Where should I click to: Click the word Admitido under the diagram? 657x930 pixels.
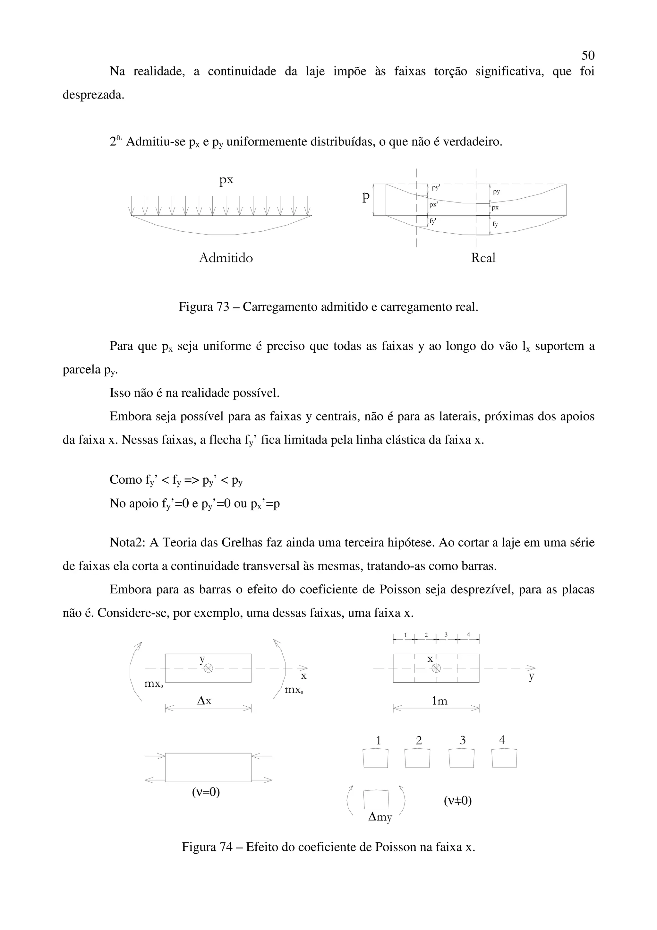click(x=226, y=258)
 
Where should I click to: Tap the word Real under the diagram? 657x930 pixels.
click(x=482, y=258)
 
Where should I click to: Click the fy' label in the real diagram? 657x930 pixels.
click(x=433, y=221)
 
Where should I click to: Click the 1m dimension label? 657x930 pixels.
click(x=439, y=701)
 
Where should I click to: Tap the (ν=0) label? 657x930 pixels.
click(x=206, y=792)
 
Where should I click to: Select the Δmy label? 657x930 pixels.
click(x=380, y=817)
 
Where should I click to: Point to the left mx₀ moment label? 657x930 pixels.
click(x=153, y=684)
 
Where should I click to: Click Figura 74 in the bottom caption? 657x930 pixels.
click(x=206, y=847)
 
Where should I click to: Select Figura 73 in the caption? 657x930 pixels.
click(x=204, y=307)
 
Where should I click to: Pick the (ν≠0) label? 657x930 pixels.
click(x=457, y=800)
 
